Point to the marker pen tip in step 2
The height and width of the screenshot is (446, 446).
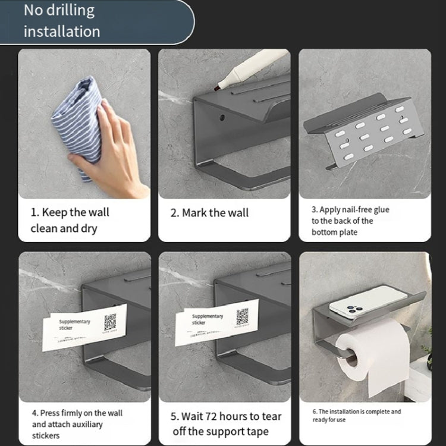218,87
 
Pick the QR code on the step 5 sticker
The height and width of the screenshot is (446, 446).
241,317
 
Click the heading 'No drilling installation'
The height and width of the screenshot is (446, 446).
59,21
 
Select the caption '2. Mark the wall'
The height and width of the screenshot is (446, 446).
210,213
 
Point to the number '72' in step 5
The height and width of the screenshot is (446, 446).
222,416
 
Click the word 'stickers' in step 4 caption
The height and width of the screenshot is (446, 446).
46,436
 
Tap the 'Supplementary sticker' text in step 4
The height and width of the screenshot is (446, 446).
74,325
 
